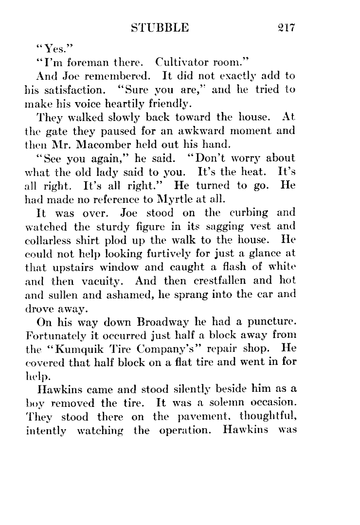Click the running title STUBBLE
pos(160,28)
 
